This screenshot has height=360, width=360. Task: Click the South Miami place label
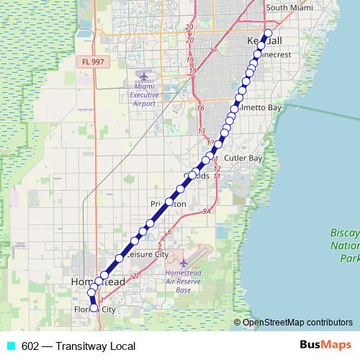coord(289,8)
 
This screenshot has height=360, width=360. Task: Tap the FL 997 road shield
coord(92,62)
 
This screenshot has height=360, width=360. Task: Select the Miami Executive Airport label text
coord(143,94)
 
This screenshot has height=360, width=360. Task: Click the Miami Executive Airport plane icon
coord(143,76)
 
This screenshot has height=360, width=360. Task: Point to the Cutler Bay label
coord(243,157)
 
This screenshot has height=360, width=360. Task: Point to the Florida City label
coord(95,310)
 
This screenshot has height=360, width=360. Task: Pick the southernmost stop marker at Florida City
coord(94,307)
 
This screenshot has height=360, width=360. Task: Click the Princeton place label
coord(170,204)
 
